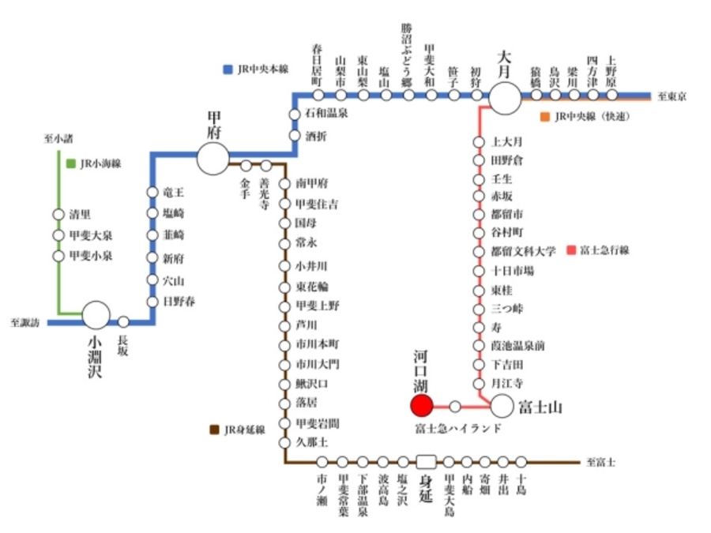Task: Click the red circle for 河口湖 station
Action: pos(421,406)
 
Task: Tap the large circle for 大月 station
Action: pos(506,97)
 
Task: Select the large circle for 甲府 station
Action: pos(213,158)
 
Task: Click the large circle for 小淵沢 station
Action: pos(96,314)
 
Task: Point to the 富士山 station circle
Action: pos(502,406)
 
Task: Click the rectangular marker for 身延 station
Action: pos(427,461)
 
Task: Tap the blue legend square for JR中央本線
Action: pos(228,69)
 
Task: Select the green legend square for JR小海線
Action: pos(71,163)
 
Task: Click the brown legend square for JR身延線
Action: pos(214,430)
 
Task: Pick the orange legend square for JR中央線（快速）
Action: pos(544,117)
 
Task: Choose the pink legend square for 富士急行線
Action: pos(570,250)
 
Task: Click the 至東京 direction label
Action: pos(671,96)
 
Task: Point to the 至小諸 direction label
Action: pos(58,139)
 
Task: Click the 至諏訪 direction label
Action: pos(25,322)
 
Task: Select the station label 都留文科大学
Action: pos(523,251)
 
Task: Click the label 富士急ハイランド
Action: pos(458,429)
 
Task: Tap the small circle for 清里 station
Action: pos(58,215)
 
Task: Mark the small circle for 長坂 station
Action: pos(123,321)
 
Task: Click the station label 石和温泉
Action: pos(326,114)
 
